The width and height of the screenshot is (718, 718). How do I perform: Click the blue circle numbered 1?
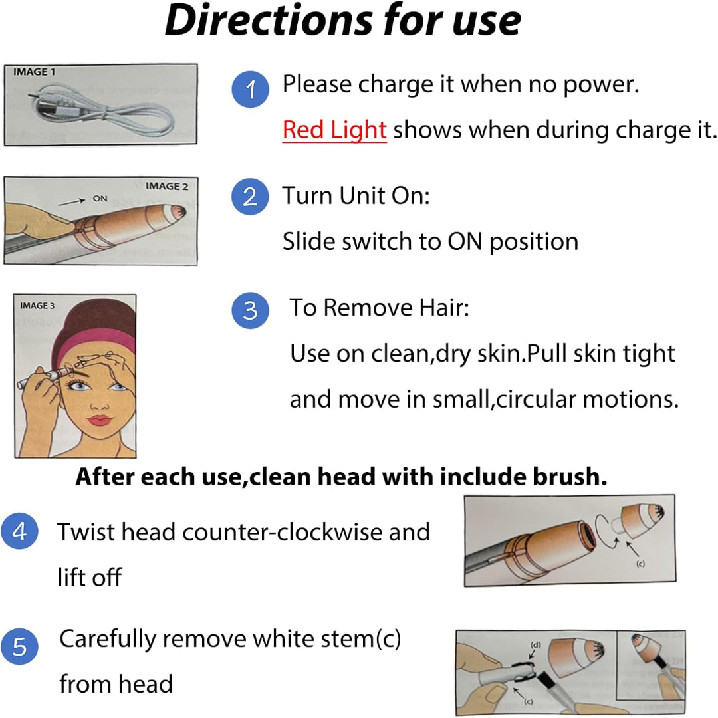250,90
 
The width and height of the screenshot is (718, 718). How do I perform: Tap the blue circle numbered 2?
250,197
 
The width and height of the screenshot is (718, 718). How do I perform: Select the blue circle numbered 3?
250,310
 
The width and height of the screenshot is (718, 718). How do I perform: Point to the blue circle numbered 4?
19,533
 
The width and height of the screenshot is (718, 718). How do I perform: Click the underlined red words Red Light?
334,130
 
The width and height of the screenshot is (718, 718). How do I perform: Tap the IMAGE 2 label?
162,187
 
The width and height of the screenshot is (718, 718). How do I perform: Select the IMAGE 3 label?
37,306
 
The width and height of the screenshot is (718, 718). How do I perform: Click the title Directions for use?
342,21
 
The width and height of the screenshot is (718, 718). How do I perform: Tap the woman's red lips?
100,420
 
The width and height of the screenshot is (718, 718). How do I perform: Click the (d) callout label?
535,644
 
